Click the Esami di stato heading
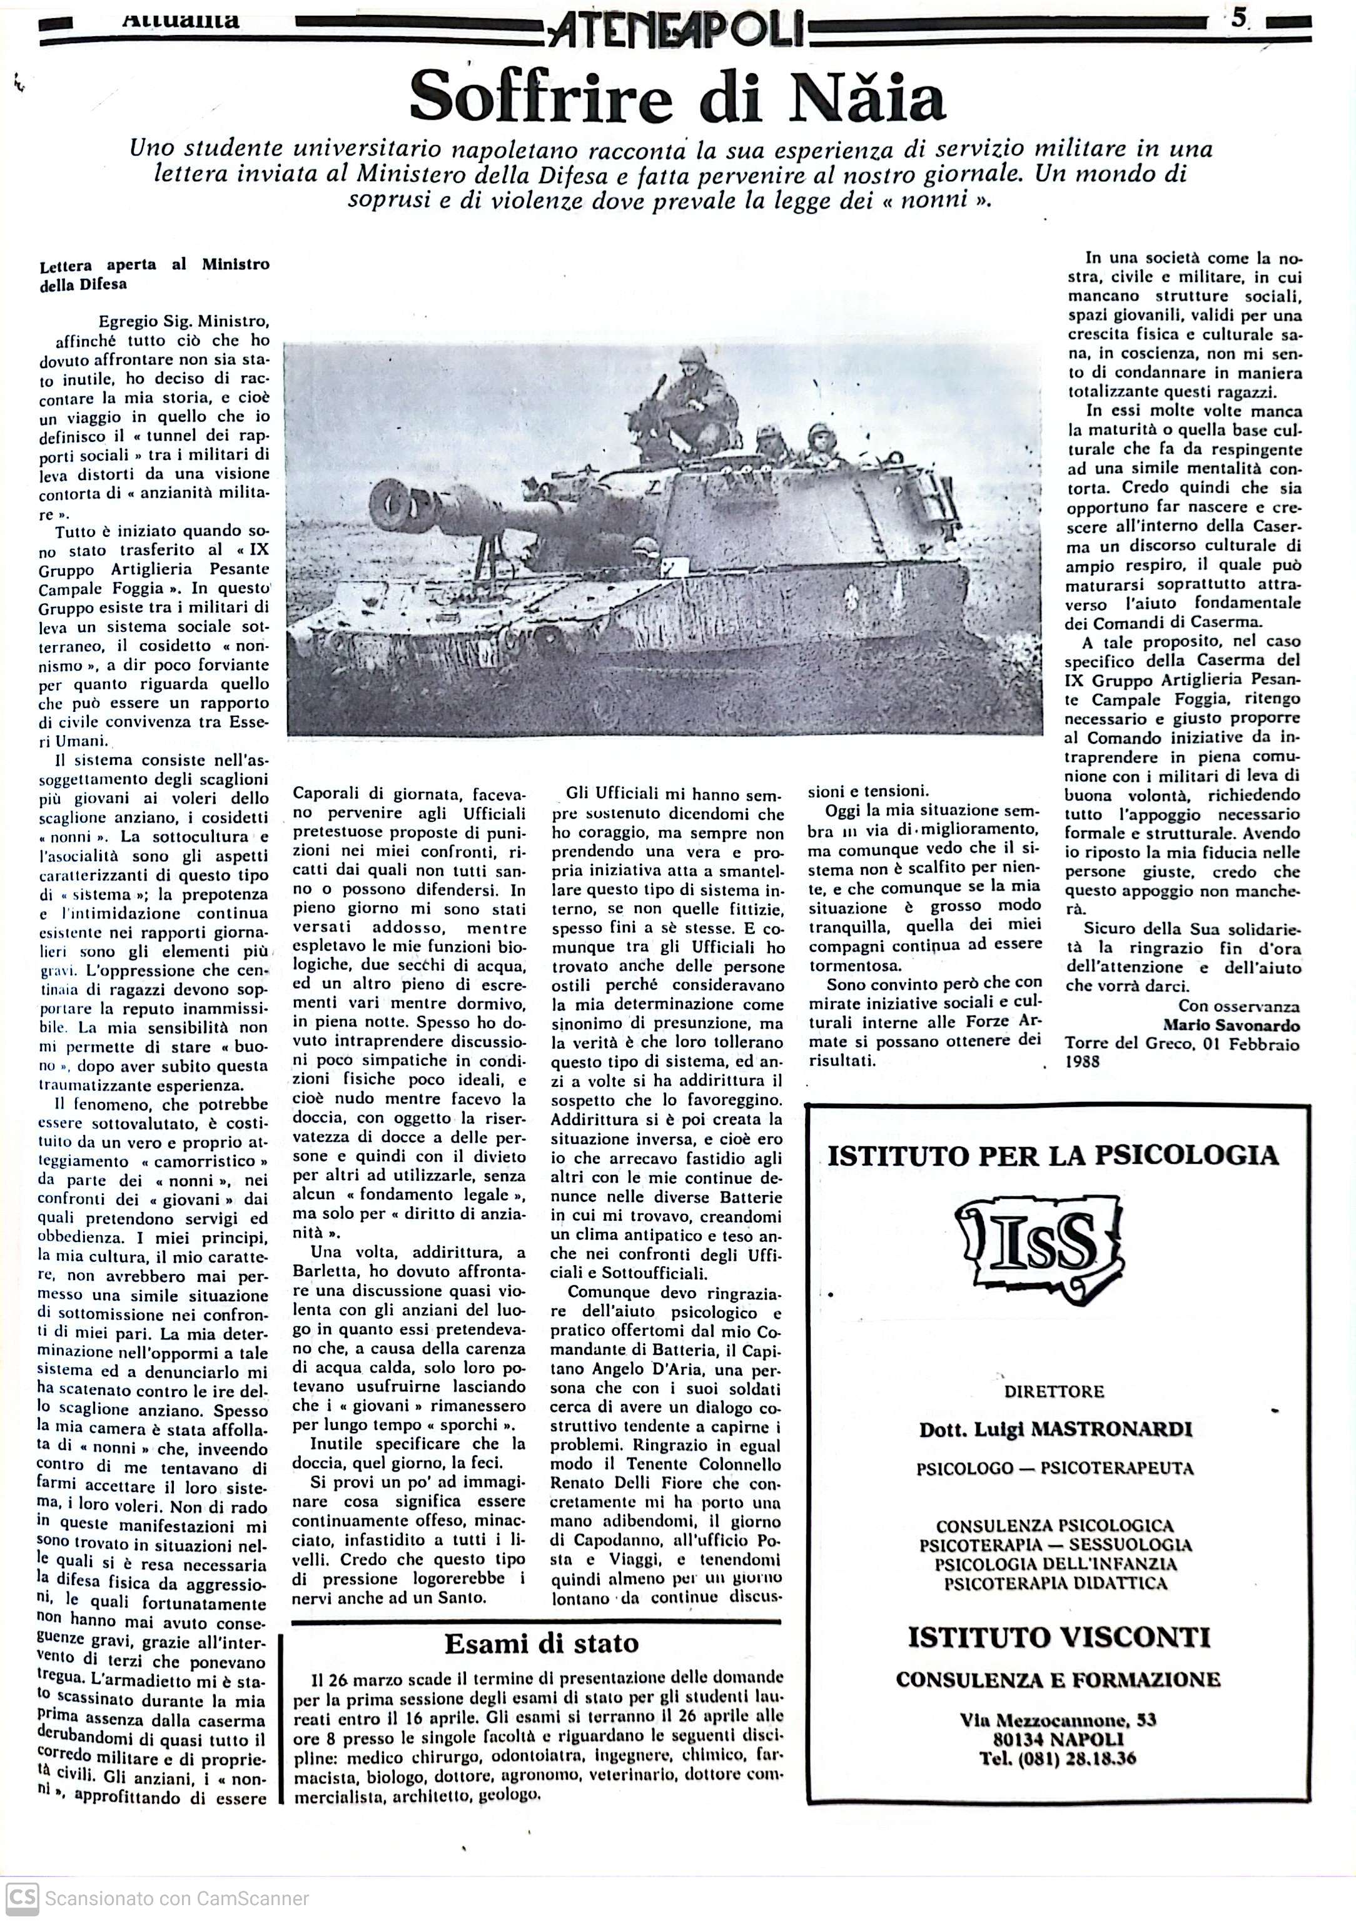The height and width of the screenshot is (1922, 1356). coord(541,1643)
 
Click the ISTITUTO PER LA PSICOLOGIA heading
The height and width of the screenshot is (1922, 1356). coord(1053,1156)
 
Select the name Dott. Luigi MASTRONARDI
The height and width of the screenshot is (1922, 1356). coord(1055,1429)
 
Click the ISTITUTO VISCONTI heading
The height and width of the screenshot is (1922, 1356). coord(1059,1636)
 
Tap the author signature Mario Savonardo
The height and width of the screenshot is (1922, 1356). coord(1230,1026)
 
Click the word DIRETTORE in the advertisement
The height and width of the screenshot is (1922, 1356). coord(1055,1391)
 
